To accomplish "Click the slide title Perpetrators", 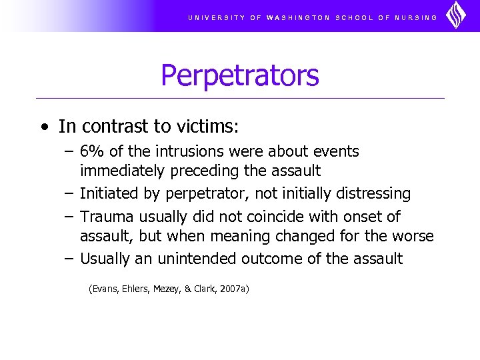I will coord(240,75).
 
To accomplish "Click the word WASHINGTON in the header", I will coord(297,18).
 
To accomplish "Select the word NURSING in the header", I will coord(416,18).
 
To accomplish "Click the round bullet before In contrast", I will coord(44,127).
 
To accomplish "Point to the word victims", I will coord(206,126).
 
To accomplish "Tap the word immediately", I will coord(123,171).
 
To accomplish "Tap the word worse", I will coord(413,236).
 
